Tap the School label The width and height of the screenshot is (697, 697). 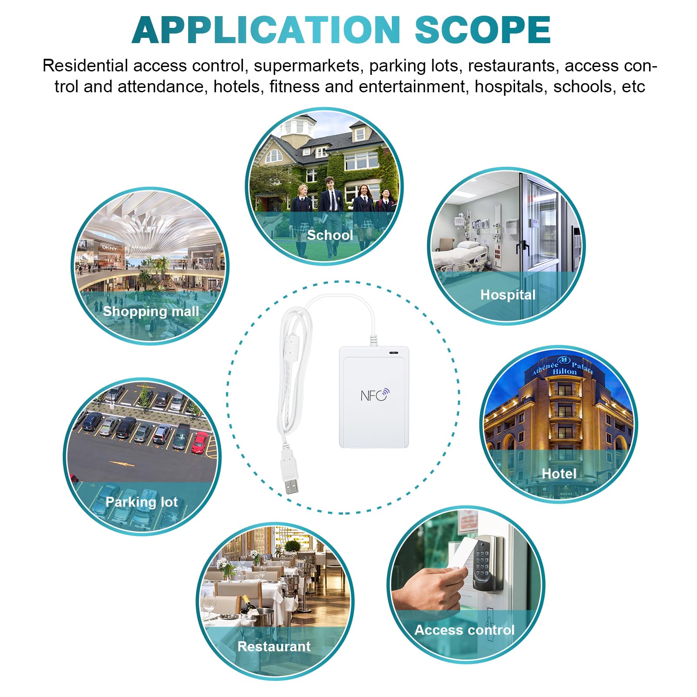tap(330, 235)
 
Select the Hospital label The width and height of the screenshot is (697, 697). tap(508, 295)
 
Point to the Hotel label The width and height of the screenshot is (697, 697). tap(559, 473)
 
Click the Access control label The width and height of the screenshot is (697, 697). tap(464, 630)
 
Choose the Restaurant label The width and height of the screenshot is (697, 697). tap(274, 646)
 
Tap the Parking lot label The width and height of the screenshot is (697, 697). tap(141, 502)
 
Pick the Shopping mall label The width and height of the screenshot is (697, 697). tap(151, 311)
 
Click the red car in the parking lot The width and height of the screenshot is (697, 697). tap(200, 442)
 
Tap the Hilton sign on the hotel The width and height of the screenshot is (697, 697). tap(564, 371)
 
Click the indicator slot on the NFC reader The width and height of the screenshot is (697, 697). tap(394, 352)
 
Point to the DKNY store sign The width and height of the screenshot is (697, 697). tap(110, 248)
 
